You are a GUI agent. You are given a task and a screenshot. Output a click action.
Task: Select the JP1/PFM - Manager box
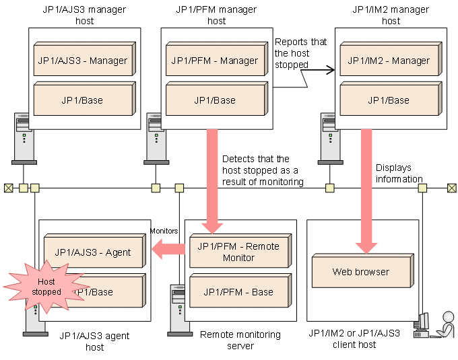pyautogui.click(x=214, y=61)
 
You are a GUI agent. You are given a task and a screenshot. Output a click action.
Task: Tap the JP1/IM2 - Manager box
pyautogui.click(x=389, y=61)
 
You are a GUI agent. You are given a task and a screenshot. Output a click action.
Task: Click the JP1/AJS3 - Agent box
pyautogui.click(x=92, y=253)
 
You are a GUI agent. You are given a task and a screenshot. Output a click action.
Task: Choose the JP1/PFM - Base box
pyautogui.click(x=238, y=292)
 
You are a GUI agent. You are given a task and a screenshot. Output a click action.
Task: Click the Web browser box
pyautogui.click(x=360, y=273)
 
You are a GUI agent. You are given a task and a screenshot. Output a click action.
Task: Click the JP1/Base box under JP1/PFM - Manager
pyautogui.click(x=214, y=101)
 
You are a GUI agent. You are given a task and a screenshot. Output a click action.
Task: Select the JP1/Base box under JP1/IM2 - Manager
pyautogui.click(x=389, y=101)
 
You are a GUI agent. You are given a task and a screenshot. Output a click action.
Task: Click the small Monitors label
pyautogui.click(x=164, y=231)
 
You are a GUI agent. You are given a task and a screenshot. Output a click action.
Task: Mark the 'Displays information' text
pyautogui.click(x=399, y=174)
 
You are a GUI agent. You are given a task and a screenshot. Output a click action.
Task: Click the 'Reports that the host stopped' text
pyautogui.click(x=300, y=53)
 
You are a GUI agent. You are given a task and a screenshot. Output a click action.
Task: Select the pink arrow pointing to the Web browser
pyautogui.click(x=366, y=188)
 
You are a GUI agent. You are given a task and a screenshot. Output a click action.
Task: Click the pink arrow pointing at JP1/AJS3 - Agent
pyautogui.click(x=168, y=250)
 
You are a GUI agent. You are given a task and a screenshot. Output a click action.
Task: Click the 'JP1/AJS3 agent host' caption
pyautogui.click(x=94, y=341)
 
